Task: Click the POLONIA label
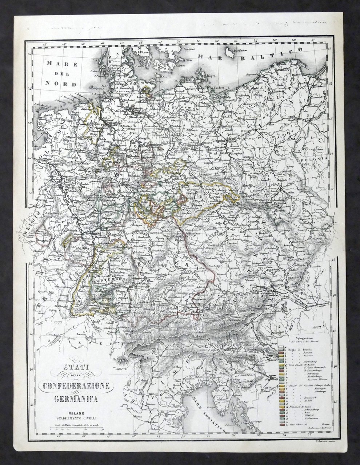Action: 309,159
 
